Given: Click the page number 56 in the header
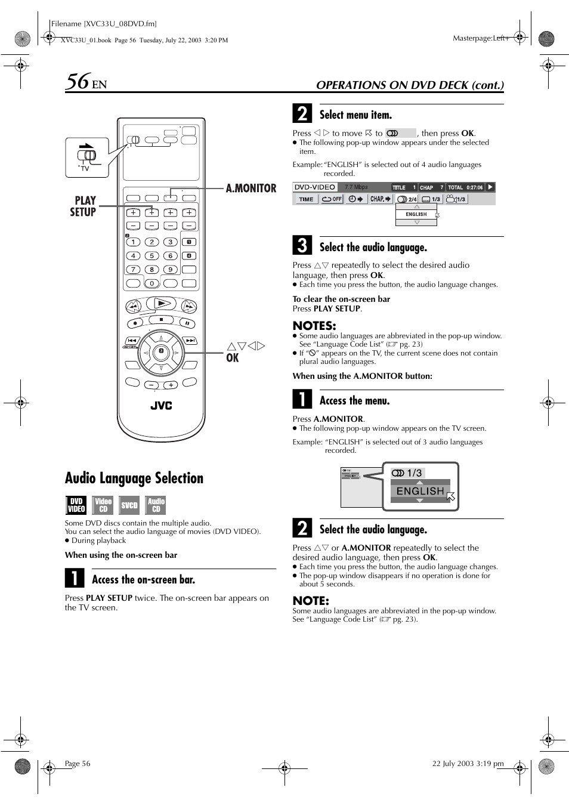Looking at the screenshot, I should pos(78,81).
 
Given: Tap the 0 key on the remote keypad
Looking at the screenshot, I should pos(151,283).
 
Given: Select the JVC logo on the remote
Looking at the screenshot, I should pos(161,406).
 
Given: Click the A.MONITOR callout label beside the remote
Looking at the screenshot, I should pos(251,189).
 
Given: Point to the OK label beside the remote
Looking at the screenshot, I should pos(233,358).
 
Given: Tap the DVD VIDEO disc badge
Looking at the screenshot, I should pos(76,505).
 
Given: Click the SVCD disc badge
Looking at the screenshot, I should pos(129,505).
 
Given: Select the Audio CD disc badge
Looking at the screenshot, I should pos(156,505).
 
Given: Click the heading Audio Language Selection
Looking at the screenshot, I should pos(134,478).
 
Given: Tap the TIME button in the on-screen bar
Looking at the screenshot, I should pos(306,199).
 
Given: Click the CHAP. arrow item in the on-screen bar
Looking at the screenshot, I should pos(381,199).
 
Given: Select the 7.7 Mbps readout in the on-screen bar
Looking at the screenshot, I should pos(356,187).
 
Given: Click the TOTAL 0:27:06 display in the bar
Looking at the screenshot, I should pos(465,187).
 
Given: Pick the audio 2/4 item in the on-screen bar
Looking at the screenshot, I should pos(407,199).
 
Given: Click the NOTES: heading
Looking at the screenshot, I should pos(314,326).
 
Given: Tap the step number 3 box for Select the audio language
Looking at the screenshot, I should pos(302,246).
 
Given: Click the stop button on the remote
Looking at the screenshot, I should pos(161,320).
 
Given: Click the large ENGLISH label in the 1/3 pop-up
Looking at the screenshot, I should pos(420,491).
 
